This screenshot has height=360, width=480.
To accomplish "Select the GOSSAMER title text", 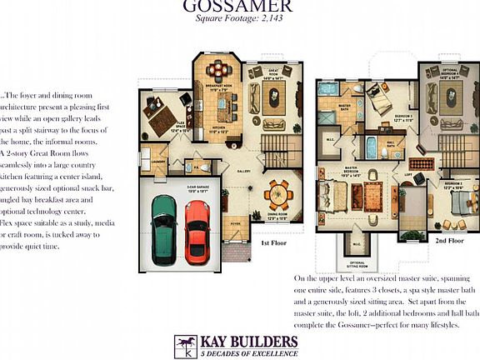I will click(240, 7).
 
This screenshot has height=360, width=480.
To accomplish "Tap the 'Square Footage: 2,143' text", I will click(239, 17).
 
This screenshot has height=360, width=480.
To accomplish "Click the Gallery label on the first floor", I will click(243, 171).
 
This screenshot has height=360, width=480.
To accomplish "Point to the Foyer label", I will click(236, 223).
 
